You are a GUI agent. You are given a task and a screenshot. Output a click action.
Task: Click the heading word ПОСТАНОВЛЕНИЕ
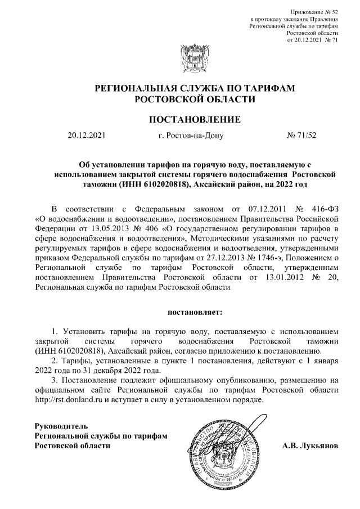click(x=195, y=119)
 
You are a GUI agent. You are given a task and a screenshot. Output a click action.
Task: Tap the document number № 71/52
click(x=302, y=135)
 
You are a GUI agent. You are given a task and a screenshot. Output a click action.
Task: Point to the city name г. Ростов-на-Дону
click(x=191, y=135)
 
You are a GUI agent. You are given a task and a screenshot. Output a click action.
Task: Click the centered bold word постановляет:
click(x=194, y=310)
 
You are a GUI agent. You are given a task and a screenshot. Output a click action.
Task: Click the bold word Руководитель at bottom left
click(x=61, y=425)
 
